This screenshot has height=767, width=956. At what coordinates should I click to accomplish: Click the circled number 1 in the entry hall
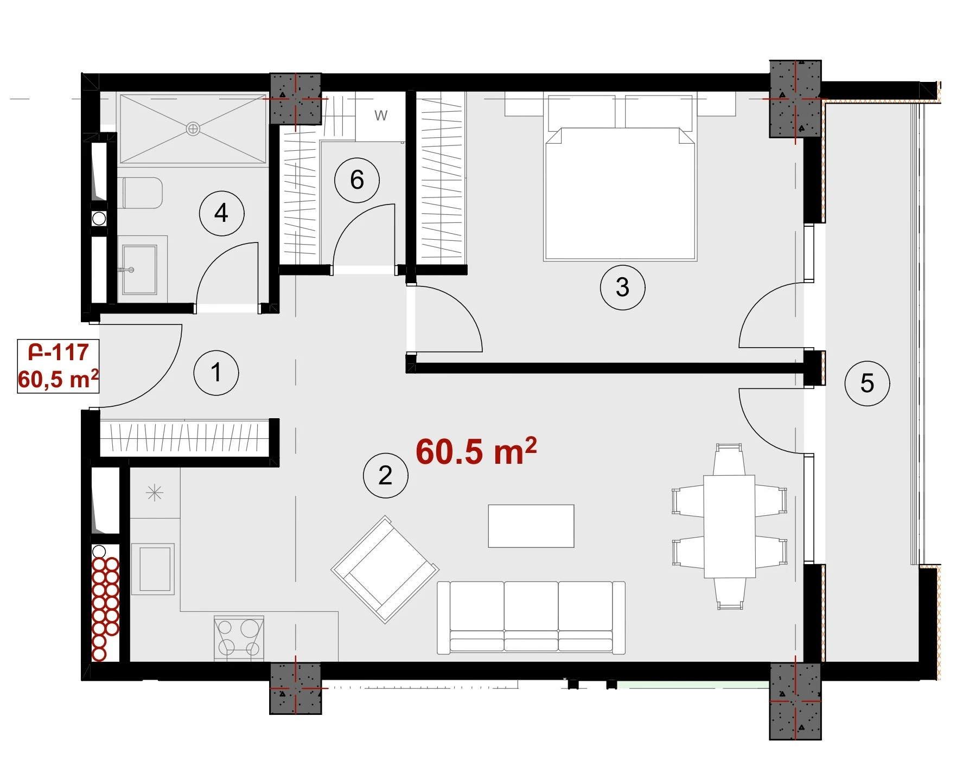click(x=216, y=373)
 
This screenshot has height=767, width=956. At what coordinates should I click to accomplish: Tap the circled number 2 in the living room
click(x=385, y=476)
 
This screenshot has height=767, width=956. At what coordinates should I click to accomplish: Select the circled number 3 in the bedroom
click(x=622, y=287)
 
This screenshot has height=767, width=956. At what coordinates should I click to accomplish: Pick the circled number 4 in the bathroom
click(x=221, y=213)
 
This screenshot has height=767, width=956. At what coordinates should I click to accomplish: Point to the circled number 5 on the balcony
click(x=867, y=383)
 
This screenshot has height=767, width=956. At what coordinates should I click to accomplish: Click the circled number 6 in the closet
click(x=356, y=180)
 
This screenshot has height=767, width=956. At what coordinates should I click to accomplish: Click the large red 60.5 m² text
click(x=476, y=451)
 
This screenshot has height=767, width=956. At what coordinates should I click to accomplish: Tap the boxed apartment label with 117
click(x=58, y=366)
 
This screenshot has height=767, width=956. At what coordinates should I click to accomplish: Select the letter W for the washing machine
click(x=381, y=116)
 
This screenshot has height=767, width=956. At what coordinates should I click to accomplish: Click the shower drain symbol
click(x=193, y=129)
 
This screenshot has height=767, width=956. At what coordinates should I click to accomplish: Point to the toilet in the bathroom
click(x=141, y=193)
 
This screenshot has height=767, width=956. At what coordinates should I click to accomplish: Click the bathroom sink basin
click(x=140, y=270)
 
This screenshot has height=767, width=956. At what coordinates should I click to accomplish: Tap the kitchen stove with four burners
click(x=239, y=638)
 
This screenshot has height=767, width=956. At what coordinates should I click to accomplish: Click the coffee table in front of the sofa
click(x=531, y=526)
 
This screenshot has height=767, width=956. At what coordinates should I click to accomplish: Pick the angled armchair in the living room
click(x=385, y=570)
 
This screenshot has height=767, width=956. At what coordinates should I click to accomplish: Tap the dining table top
click(x=729, y=527)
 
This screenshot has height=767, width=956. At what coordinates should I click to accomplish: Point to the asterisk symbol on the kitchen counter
click(x=155, y=493)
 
